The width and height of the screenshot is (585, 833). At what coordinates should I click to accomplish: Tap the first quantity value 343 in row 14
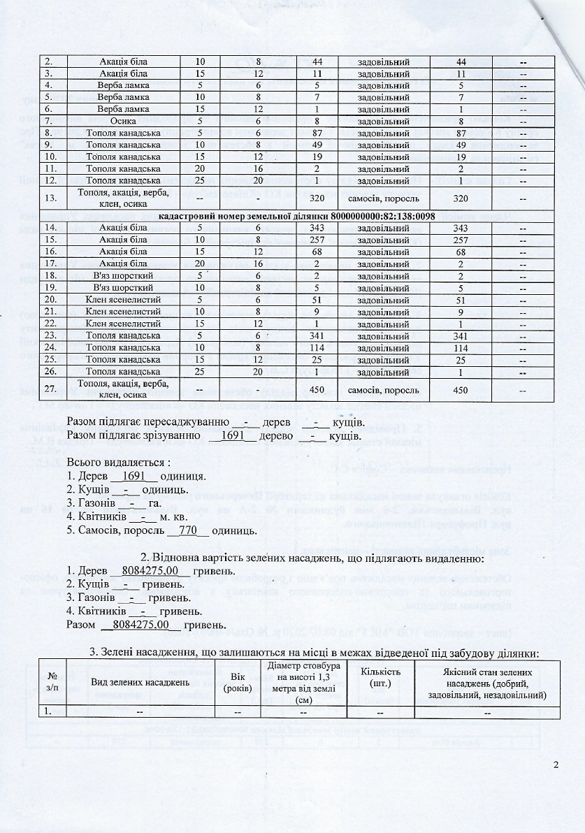[x=317, y=229]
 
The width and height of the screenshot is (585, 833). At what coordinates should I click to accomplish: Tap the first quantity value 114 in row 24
[x=317, y=347]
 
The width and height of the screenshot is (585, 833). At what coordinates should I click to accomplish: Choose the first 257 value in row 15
[x=317, y=240]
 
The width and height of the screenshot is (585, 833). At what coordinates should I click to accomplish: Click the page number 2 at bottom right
[x=556, y=764]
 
